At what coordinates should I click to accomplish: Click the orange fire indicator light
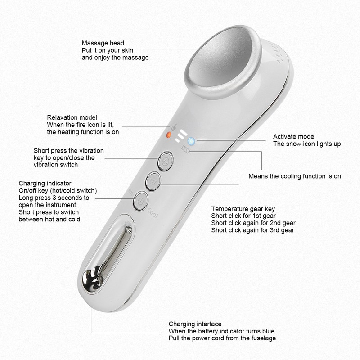(169, 135)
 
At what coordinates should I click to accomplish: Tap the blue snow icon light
(190, 141)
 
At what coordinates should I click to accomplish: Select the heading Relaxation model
(72, 117)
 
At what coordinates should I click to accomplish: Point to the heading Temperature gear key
(243, 209)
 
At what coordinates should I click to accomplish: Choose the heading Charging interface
(195, 324)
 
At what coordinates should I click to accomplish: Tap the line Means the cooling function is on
(295, 176)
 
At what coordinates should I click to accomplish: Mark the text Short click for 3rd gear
(253, 230)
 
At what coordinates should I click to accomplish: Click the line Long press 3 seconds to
(54, 198)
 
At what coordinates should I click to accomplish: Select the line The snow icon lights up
(307, 144)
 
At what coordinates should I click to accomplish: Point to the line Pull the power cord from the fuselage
(222, 338)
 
